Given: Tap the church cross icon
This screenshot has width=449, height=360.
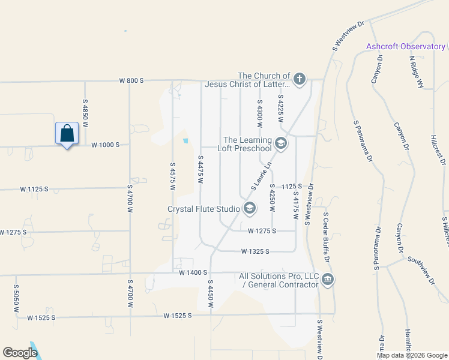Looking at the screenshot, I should [299, 79].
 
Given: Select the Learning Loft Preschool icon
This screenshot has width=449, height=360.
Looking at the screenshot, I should [280, 143].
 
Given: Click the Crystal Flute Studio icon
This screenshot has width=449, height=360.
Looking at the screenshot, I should [249, 209].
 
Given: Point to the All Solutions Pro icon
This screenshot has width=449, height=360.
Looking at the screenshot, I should [328, 280].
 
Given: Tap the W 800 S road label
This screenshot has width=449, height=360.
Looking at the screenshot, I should [131, 80].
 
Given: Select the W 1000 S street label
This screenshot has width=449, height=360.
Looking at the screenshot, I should [106, 145].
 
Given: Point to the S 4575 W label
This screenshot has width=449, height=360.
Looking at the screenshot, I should [173, 176].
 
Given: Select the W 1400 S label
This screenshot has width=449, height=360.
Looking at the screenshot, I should [193, 272].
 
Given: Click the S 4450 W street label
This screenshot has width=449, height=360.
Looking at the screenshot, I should [211, 293].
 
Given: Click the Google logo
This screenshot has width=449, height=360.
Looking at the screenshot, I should [20, 353].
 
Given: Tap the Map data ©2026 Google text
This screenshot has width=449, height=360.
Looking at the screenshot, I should [411, 355].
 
